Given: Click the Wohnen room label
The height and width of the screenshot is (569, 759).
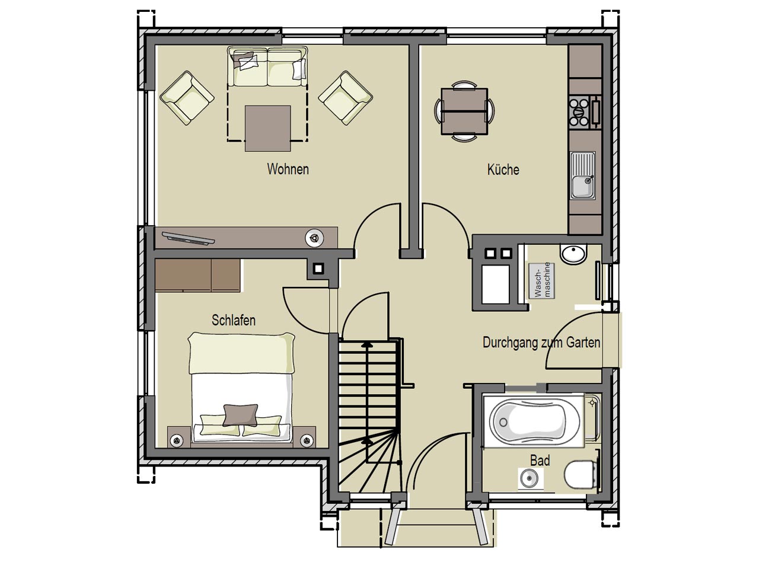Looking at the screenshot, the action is click(x=288, y=170).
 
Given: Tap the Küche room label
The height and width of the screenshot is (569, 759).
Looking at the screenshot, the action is click(x=503, y=170).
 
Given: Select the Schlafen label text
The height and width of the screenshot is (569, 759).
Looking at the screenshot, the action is click(x=234, y=320).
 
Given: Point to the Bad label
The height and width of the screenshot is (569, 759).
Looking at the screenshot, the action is click(x=540, y=461).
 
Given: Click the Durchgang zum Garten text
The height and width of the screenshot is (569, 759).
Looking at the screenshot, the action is click(x=541, y=343).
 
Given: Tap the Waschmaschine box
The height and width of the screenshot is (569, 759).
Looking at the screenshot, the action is click(x=541, y=280).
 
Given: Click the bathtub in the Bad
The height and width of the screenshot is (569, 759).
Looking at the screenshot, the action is click(x=533, y=421).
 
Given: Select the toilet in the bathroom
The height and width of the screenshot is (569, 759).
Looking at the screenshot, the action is click(x=582, y=474).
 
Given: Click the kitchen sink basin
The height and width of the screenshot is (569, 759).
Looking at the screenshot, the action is click(x=583, y=187).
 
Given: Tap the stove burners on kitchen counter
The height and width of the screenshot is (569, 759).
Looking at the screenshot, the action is click(x=579, y=112).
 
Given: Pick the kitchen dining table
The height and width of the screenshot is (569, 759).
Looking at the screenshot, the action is click(x=464, y=111).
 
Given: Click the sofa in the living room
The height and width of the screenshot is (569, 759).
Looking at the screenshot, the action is click(x=267, y=67).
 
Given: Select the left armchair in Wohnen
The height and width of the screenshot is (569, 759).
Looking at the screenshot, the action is click(x=187, y=98).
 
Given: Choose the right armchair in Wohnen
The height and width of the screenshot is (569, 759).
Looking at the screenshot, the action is click(x=346, y=98).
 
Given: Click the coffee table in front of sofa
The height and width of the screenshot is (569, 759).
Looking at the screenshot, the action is click(x=267, y=128).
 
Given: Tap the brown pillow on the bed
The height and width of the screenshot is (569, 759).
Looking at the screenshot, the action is click(x=241, y=415).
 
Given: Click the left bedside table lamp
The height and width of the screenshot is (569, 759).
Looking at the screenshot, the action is click(x=177, y=440).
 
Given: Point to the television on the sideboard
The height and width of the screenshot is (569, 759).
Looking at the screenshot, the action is click(x=189, y=239).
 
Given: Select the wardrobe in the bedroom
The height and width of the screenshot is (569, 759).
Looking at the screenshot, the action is click(x=198, y=276).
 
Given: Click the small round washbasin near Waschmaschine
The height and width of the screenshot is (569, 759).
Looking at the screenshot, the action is click(x=573, y=254).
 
